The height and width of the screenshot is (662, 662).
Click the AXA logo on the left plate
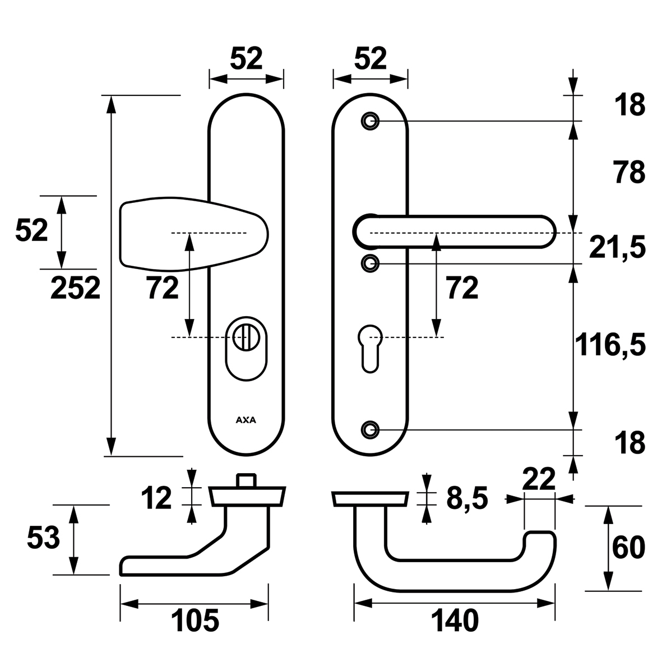pyautogui.click(x=246, y=419)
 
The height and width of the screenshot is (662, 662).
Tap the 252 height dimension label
pyautogui.click(x=75, y=289)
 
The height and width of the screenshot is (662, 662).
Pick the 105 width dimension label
pyautogui.click(x=195, y=621)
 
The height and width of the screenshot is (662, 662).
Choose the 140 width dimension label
pyautogui.click(x=455, y=621)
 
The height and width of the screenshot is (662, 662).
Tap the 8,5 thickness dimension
pyautogui.click(x=467, y=498)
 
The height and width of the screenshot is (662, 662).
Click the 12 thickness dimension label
pyautogui.click(x=156, y=498)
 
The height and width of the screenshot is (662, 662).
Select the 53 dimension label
pyautogui.click(x=43, y=539)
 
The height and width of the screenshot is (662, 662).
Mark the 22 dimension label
pyautogui.click(x=538, y=479)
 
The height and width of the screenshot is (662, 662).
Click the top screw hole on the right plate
pyautogui.click(x=369, y=121)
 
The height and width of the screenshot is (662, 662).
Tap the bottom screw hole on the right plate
pyautogui.click(x=369, y=429)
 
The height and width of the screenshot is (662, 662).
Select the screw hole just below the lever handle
pyautogui.click(x=369, y=263)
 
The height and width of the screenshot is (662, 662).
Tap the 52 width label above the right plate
pyautogui.click(x=371, y=58)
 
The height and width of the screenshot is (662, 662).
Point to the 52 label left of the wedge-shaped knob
pyautogui.click(x=31, y=230)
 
